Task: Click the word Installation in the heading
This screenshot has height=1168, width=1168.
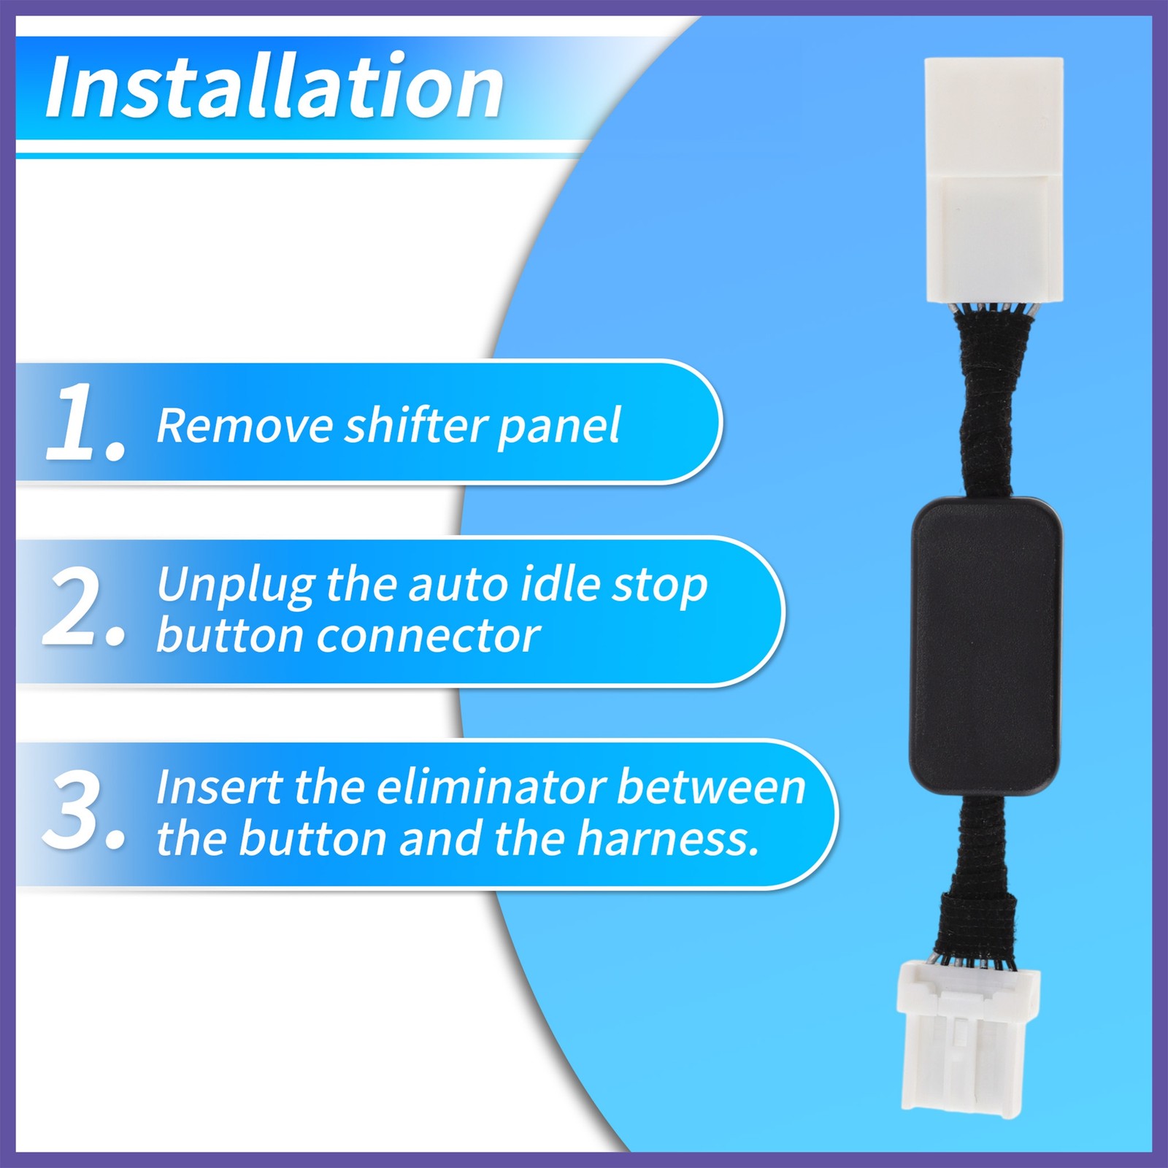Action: [x=274, y=88]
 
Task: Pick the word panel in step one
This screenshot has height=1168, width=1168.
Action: [x=558, y=426]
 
